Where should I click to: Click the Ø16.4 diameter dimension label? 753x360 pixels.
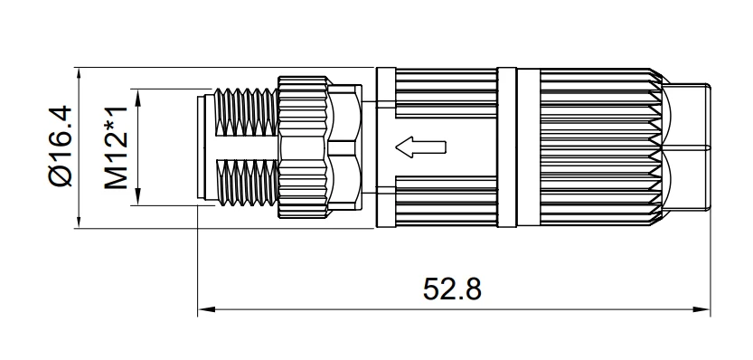61,147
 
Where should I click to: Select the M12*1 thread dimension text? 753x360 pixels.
117,147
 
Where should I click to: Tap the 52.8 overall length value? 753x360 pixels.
452,289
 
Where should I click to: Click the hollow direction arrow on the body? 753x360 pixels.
420,147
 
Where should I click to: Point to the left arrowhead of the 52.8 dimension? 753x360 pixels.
205,309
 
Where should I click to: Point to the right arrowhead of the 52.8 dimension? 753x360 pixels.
702,309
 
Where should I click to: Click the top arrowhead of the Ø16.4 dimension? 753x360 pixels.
80,75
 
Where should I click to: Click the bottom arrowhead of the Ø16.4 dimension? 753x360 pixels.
80,220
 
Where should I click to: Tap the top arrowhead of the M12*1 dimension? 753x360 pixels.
137,97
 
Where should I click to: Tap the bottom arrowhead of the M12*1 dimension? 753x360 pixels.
137,197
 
